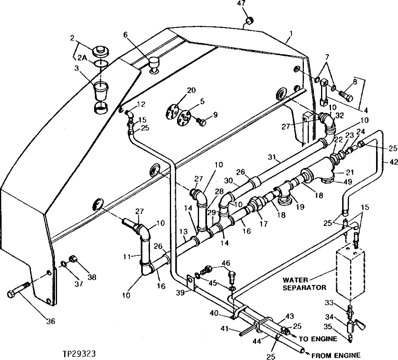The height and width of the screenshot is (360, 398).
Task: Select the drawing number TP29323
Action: point(79,354)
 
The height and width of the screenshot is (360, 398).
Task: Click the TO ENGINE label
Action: point(317,339)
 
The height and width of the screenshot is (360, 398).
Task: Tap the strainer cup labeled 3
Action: point(100,91)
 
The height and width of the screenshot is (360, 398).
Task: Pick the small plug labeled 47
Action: point(250,20)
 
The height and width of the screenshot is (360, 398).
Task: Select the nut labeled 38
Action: point(73,259)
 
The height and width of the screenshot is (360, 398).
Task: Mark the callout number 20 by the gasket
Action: point(191,90)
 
